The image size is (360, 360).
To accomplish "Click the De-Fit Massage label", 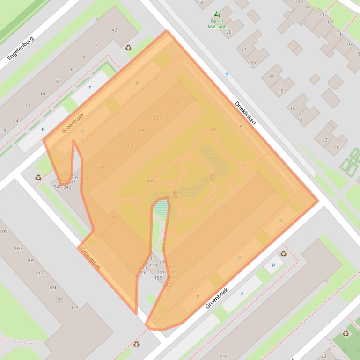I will tap(217, 24).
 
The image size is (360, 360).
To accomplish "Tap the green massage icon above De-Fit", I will tap(217, 14).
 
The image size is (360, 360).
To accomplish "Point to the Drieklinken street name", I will tap(245, 113).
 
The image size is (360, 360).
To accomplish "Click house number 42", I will tap(114, 30).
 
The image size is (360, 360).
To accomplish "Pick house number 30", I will tap(202, 2).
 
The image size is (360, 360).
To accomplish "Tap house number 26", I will tap(229, 32).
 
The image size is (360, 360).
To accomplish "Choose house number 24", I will tap(243, 49).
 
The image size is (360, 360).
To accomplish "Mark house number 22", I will tap(253, 64).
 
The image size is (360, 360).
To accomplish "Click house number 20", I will tap(271, 76).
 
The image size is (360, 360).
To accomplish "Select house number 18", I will tap(280, 91).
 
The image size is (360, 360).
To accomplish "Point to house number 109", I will tap(4, 231).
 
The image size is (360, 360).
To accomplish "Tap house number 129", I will tap(74, 307).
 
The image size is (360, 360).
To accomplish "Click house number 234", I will tap(223, 357).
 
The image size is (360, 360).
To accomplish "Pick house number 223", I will tap(177, 104).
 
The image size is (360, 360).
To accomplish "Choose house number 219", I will tap(141, 130).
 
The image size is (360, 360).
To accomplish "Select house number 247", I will tap(57, 187).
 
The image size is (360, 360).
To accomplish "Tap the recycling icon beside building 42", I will tap(128, 47).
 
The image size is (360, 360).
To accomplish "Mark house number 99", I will tap(60, 300).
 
